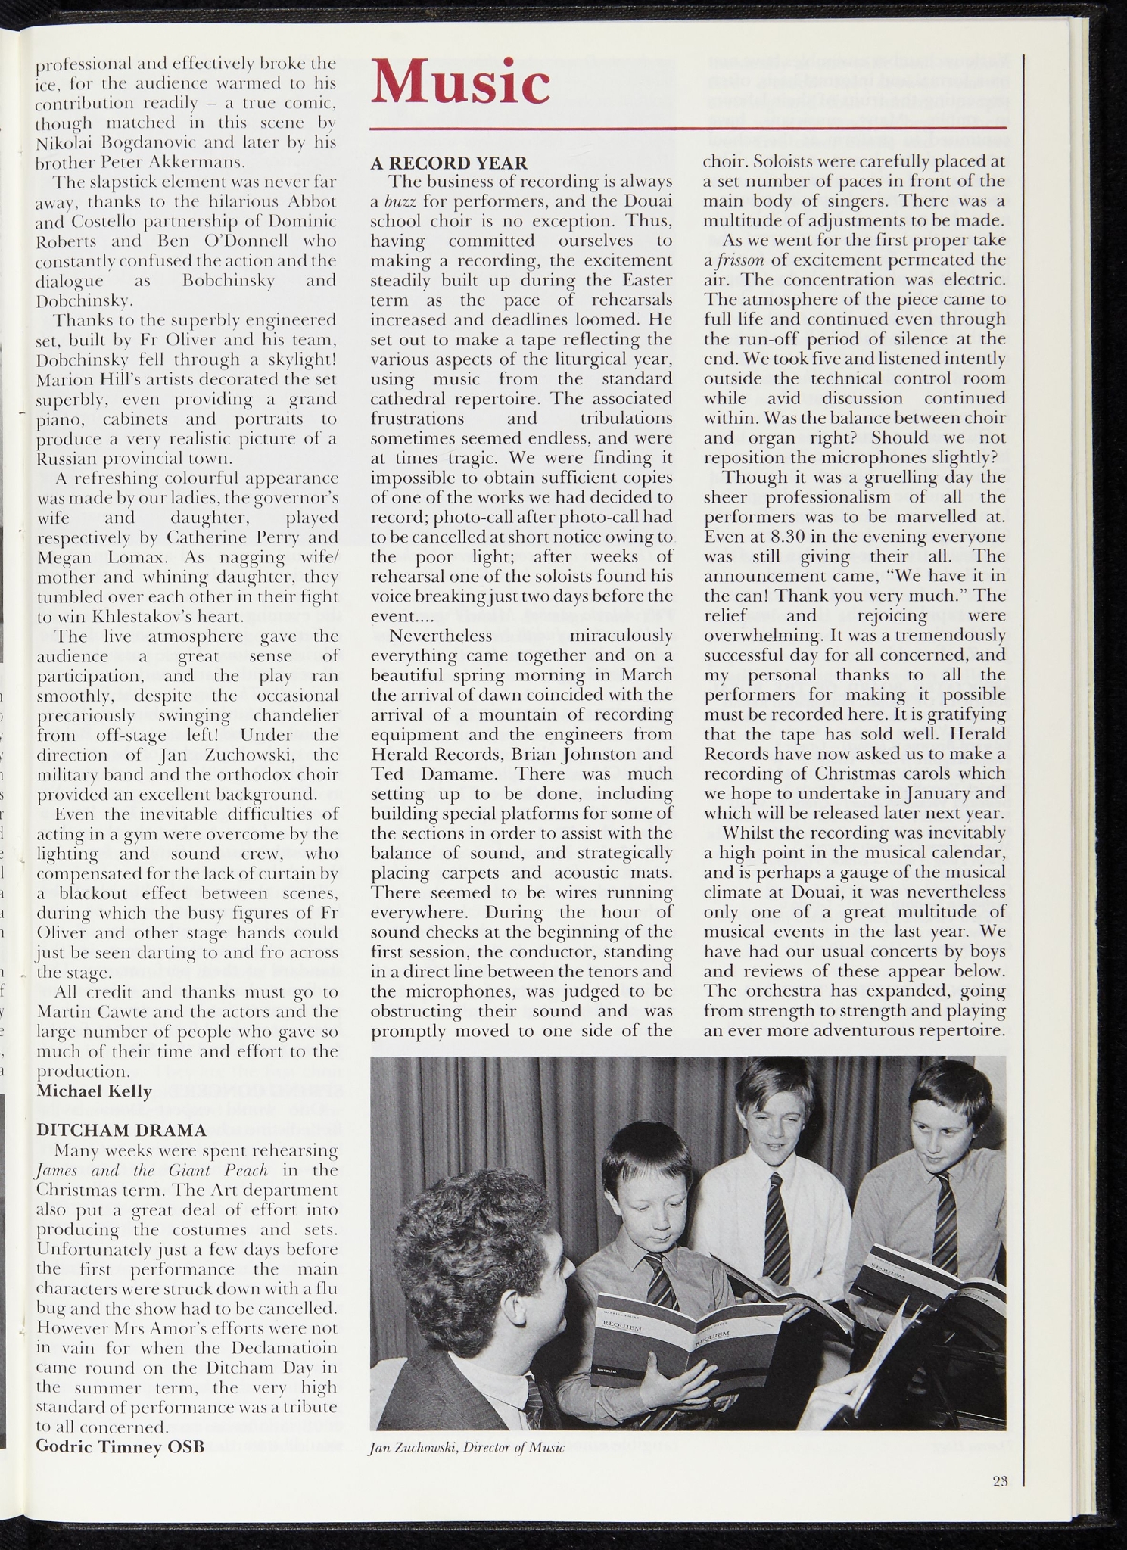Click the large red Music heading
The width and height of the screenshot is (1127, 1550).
tap(459, 82)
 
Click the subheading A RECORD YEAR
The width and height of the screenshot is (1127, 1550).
tap(449, 162)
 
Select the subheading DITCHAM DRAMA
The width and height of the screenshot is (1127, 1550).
tap(122, 1131)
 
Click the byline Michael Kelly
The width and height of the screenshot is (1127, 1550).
tap(95, 1091)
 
